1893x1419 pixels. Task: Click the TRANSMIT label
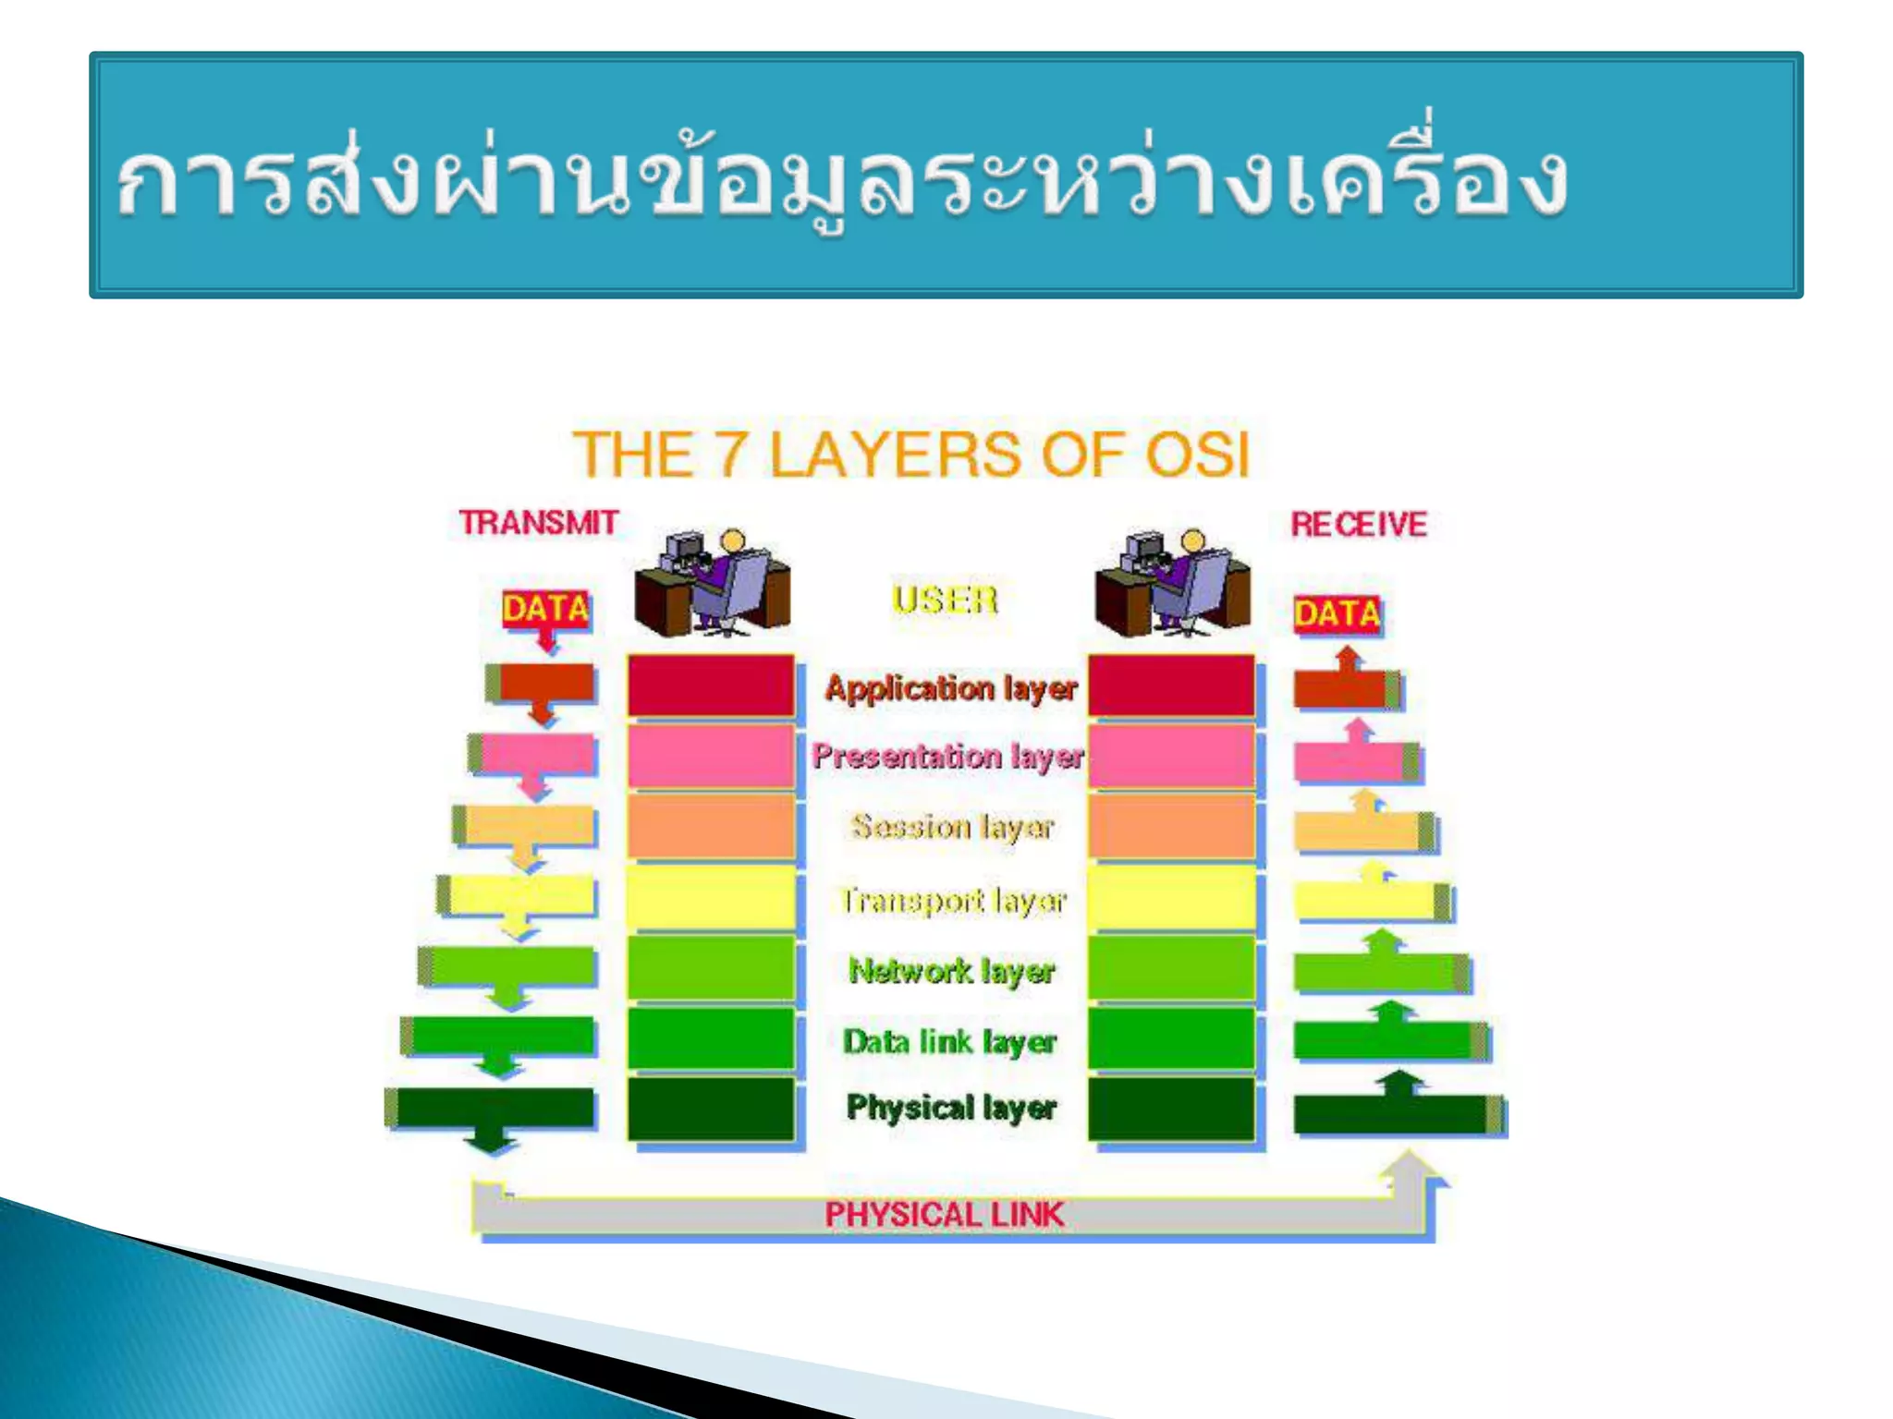(539, 523)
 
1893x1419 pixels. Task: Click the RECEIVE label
(1358, 525)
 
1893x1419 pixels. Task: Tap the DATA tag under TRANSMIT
(545, 609)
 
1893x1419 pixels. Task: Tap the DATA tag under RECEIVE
(1337, 614)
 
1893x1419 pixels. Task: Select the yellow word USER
(945, 600)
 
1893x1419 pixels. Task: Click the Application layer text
(951, 689)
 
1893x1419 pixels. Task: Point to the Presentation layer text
(947, 757)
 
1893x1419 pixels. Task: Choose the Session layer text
(952, 827)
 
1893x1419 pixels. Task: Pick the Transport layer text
(953, 900)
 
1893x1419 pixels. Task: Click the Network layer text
(951, 971)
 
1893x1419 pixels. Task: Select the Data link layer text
(949, 1042)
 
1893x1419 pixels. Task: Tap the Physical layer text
(951, 1107)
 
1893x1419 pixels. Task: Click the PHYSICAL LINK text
(944, 1214)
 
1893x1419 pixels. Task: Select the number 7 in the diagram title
(731, 455)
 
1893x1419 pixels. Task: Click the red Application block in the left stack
(710, 685)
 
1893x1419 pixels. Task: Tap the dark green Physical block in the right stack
(1170, 1109)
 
